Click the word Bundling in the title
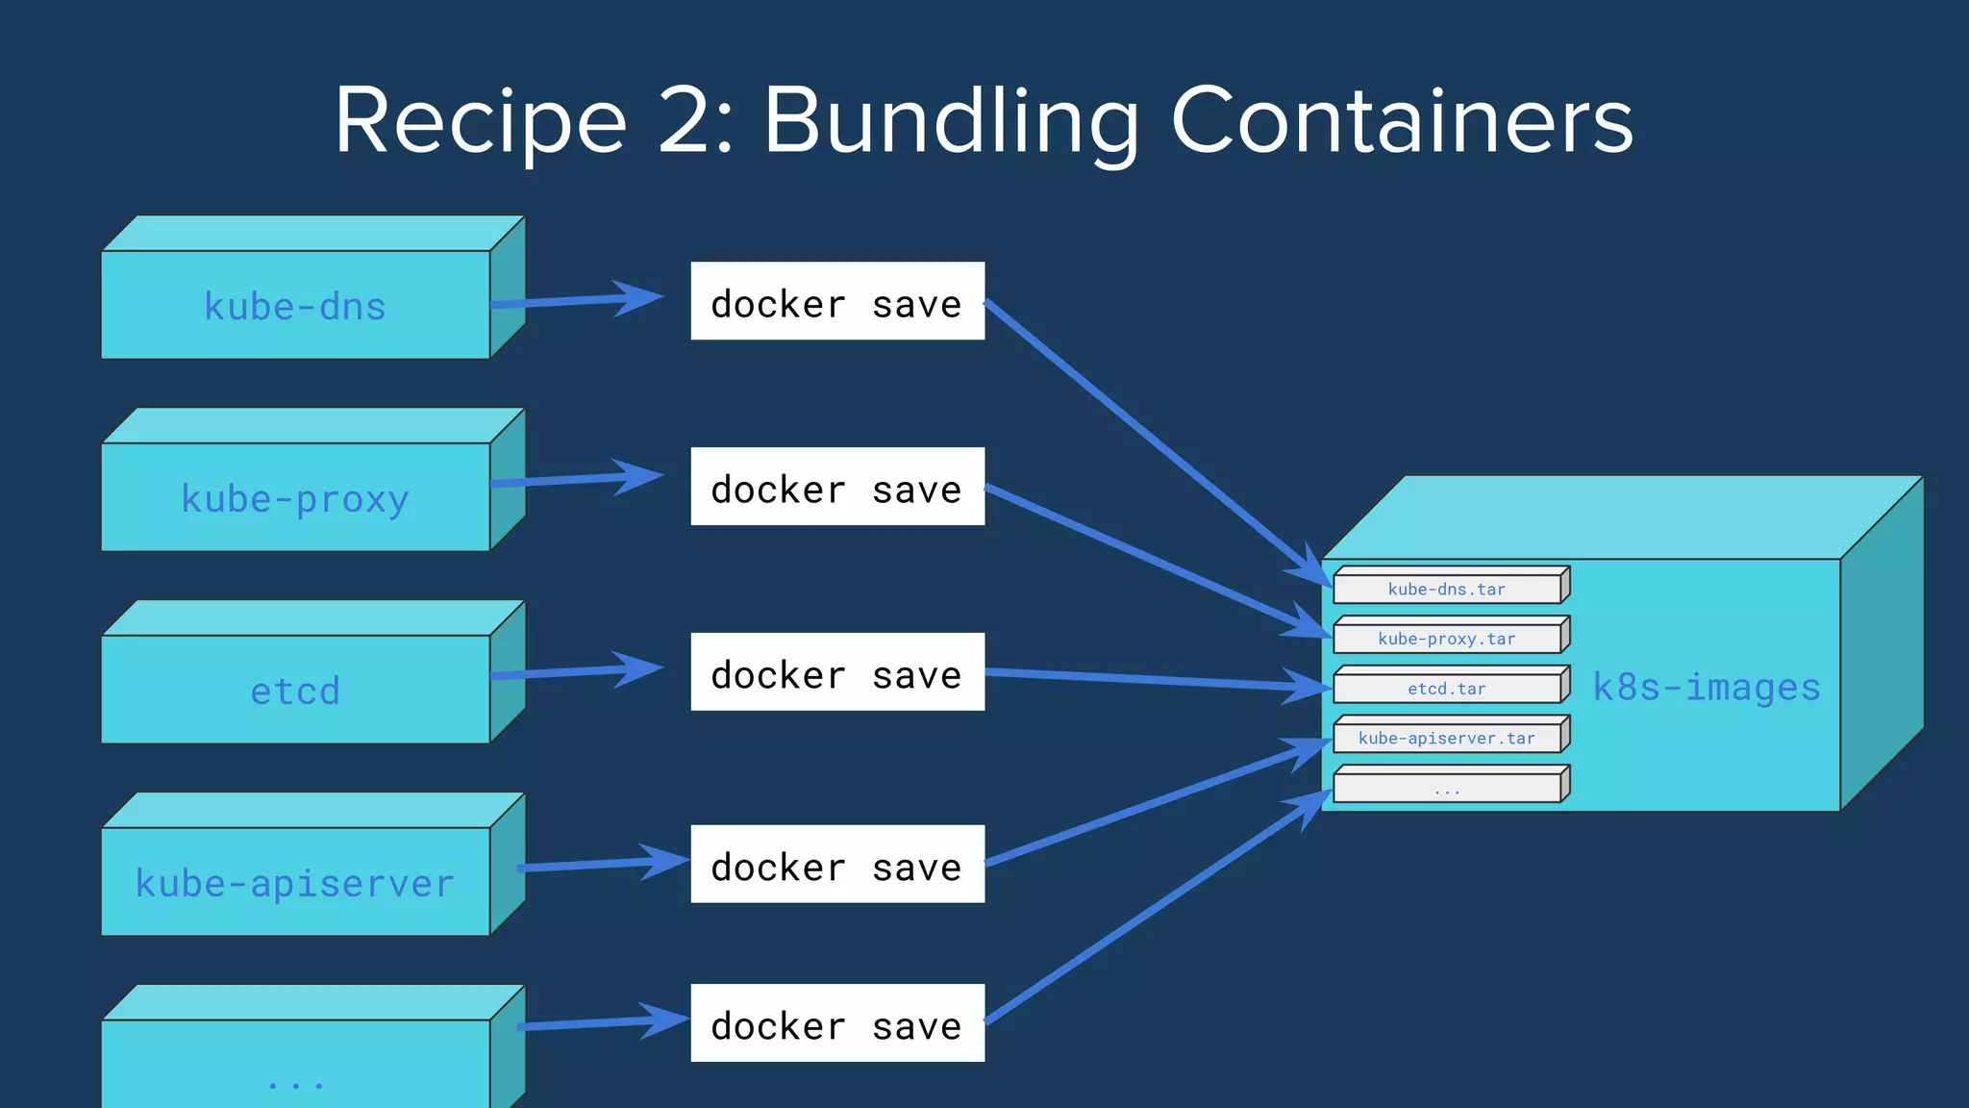click(x=952, y=121)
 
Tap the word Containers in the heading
click(x=1401, y=121)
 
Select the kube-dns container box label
click(x=294, y=307)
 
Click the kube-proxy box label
click(x=294, y=499)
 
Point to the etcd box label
click(x=294, y=691)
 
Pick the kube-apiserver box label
click(x=294, y=883)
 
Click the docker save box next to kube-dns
click(x=836, y=301)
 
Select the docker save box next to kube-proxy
click(x=836, y=487)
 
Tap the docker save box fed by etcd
click(x=836, y=672)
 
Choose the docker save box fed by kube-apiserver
click(x=836, y=865)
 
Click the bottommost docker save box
click(x=836, y=1023)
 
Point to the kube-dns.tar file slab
click(x=1446, y=589)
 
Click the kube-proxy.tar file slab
click(x=1446, y=639)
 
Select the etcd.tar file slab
click(x=1446, y=689)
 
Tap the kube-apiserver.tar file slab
click(x=1446, y=739)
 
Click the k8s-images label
click(x=1706, y=688)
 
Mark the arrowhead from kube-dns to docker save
click(x=636, y=298)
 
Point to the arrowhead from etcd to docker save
click(x=636, y=669)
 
